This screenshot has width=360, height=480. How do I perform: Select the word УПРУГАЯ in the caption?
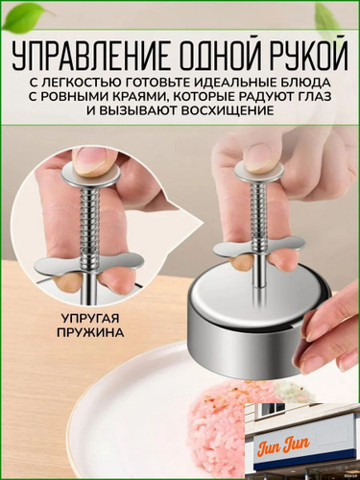[x=90, y=319]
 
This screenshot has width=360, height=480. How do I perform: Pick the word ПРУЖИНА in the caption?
[x=90, y=332]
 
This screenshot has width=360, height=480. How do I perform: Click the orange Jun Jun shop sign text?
[x=283, y=445]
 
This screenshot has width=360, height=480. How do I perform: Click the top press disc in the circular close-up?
[x=91, y=174]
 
